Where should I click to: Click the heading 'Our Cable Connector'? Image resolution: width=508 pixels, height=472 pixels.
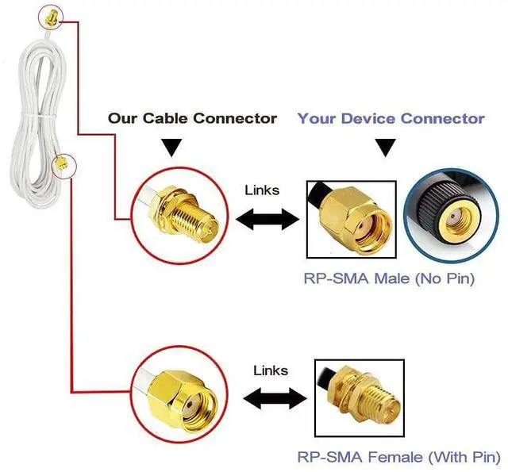(x=192, y=118)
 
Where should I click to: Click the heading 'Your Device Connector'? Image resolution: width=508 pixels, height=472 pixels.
(x=391, y=118)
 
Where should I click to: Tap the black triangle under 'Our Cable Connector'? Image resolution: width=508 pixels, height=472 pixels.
(x=171, y=148)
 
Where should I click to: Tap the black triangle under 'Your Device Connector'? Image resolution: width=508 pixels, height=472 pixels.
(x=385, y=148)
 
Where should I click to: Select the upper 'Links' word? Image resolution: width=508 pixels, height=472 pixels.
(x=262, y=190)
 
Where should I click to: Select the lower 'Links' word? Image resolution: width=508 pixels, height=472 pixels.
(x=271, y=370)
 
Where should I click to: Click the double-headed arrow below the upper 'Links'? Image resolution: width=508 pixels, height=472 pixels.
(x=267, y=219)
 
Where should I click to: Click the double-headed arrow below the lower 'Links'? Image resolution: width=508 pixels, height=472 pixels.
(x=275, y=398)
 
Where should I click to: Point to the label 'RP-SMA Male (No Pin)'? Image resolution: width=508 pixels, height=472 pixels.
(x=389, y=278)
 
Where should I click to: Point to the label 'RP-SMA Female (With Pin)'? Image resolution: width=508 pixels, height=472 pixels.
(x=398, y=457)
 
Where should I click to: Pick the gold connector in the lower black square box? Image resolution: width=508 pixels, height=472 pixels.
(x=366, y=397)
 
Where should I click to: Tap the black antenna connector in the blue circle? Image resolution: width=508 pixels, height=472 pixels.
(x=450, y=214)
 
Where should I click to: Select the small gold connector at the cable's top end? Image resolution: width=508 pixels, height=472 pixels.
(x=51, y=17)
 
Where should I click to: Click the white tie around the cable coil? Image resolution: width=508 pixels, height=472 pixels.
(x=39, y=115)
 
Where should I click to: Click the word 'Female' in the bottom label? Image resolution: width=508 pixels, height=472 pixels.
(x=395, y=457)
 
